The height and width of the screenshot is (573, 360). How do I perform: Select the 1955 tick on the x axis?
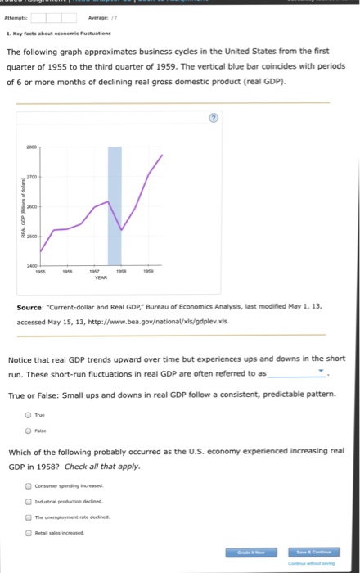pos(39,271)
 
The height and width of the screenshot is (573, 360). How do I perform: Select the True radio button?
pos(29,414)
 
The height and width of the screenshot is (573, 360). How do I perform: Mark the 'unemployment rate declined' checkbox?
pos(29,517)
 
